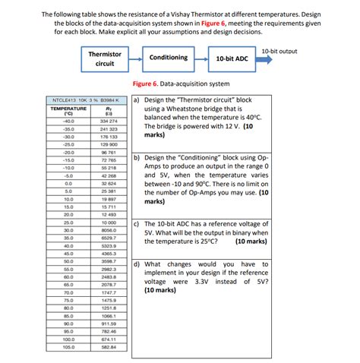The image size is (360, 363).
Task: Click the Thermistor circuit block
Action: point(105,59)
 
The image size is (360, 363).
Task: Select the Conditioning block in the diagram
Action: point(168,58)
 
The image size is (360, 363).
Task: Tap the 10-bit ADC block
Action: point(231,58)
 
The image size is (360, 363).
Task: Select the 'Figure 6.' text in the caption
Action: point(144,84)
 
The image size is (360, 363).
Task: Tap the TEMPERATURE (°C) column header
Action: point(68,112)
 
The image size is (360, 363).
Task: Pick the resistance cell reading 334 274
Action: point(108,121)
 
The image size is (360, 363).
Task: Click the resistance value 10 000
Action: point(108,222)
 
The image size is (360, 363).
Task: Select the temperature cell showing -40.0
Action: point(68,121)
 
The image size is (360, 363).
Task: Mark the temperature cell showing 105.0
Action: point(68,346)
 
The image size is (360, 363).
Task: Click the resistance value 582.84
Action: point(108,346)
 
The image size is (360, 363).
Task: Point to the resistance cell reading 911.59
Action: point(108,323)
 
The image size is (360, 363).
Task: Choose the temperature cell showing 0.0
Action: point(68,183)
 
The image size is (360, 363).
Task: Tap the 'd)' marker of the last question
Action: point(136,264)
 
